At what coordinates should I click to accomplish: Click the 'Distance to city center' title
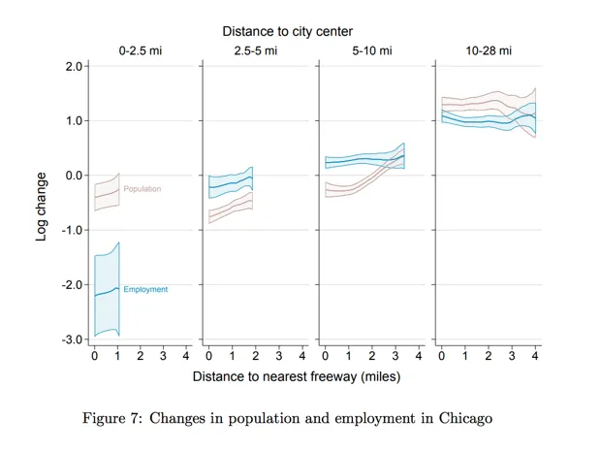point(287,32)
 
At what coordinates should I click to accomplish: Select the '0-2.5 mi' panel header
point(141,50)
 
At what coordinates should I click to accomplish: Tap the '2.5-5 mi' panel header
point(256,50)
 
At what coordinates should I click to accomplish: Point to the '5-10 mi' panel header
point(372,50)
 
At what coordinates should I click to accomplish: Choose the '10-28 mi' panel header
point(487,50)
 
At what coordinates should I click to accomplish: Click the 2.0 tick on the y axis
point(74,66)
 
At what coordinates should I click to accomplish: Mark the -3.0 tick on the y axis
point(72,339)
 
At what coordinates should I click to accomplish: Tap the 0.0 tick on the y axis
point(74,176)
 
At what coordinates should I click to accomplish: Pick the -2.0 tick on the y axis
point(72,285)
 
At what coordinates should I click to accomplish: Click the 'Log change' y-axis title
point(42,206)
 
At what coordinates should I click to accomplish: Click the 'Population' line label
point(142,189)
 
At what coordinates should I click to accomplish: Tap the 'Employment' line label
point(145,289)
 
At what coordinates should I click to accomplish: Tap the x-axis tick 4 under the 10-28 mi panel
point(534,356)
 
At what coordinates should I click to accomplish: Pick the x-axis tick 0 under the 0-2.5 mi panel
point(94,356)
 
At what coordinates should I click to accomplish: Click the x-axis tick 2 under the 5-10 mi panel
point(371,356)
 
